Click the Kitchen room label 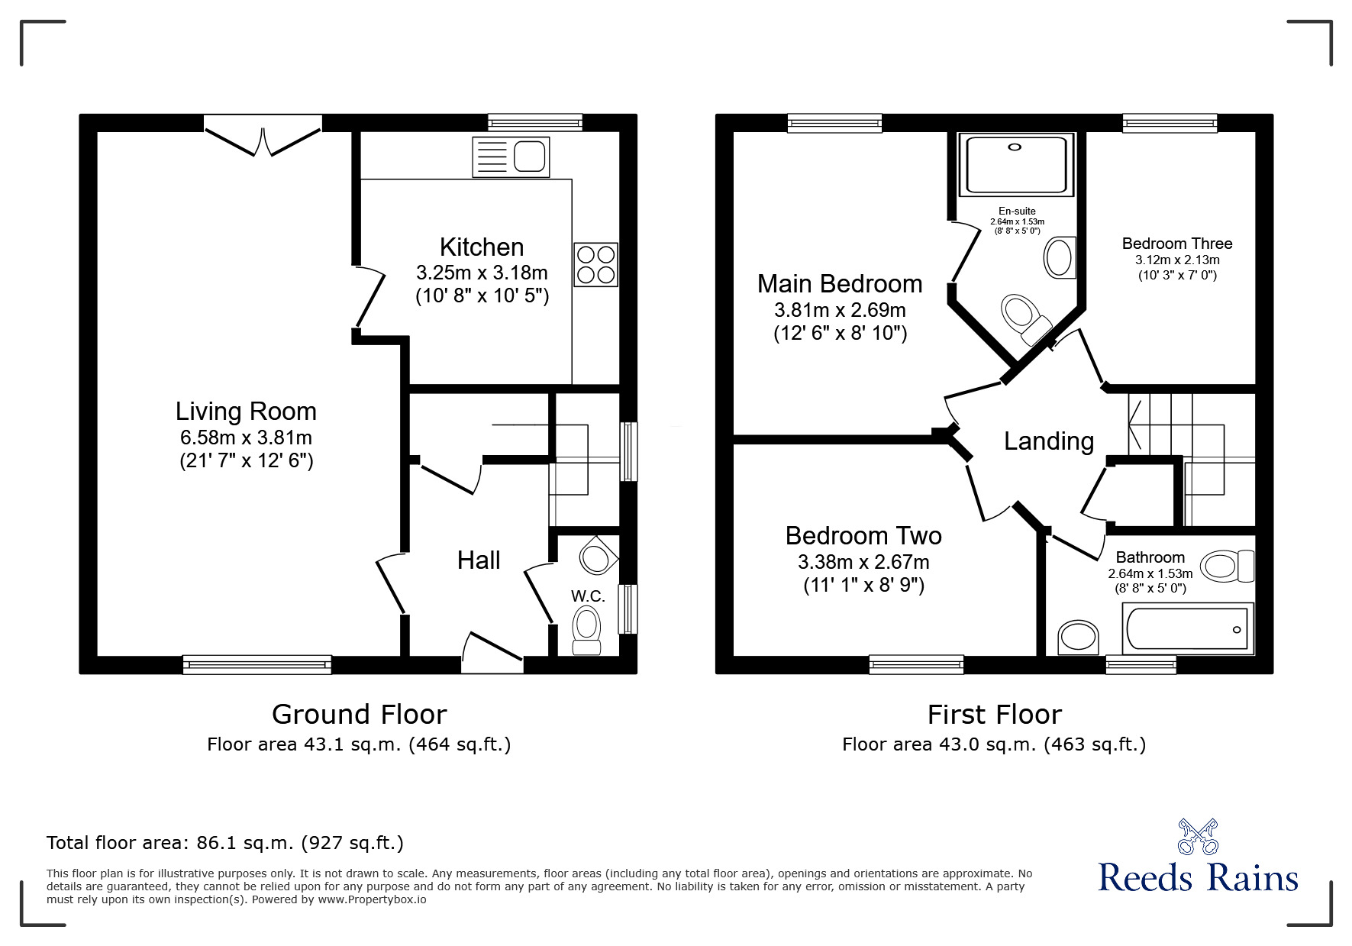(x=482, y=247)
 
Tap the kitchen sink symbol (x=511, y=157)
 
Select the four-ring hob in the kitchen (x=595, y=264)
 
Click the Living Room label (x=246, y=412)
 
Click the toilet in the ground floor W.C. (x=586, y=630)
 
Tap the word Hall (x=479, y=560)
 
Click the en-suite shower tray (x=1015, y=164)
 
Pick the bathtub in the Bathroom (x=1187, y=629)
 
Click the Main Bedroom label (x=840, y=284)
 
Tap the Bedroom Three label (x=1176, y=244)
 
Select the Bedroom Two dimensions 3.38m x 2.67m (x=863, y=563)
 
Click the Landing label (x=1048, y=441)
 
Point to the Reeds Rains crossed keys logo (x=1198, y=837)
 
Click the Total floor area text (x=225, y=843)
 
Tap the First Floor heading (x=994, y=715)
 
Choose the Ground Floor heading (x=359, y=715)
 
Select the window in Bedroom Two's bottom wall (x=916, y=664)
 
